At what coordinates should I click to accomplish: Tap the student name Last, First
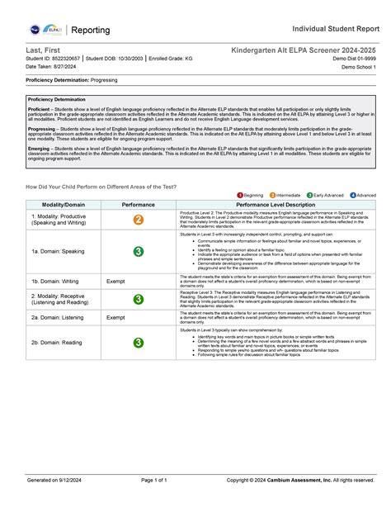pyautogui.click(x=43, y=51)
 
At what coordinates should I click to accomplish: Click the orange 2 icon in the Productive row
pyautogui.click(x=138, y=220)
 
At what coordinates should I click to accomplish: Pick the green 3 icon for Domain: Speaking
pyautogui.click(x=138, y=251)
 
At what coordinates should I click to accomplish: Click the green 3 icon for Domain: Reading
pyautogui.click(x=138, y=343)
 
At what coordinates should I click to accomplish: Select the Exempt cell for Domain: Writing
pyautogui.click(x=116, y=282)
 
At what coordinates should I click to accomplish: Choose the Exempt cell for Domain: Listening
pyautogui.click(x=116, y=317)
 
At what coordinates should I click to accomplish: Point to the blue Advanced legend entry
pyautogui.click(x=363, y=195)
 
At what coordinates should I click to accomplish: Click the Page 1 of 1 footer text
pyautogui.click(x=154, y=480)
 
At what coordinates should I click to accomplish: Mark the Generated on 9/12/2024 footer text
pyautogui.click(x=54, y=480)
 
